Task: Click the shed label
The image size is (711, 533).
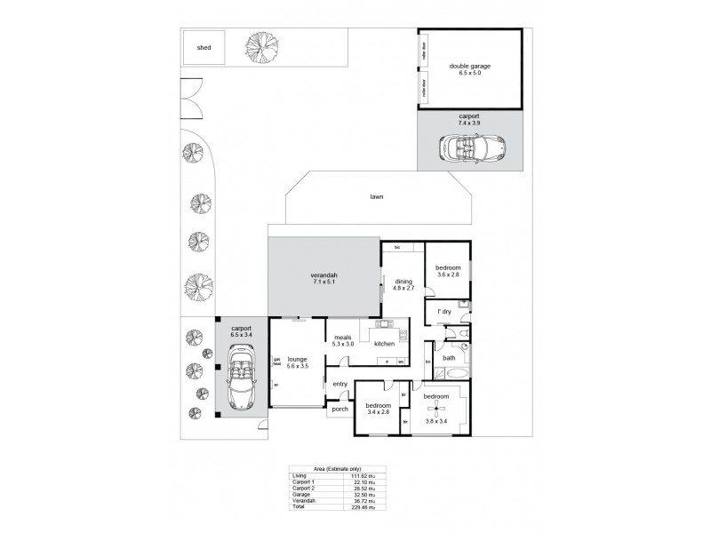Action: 204,48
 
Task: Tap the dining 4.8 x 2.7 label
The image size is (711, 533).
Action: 404,284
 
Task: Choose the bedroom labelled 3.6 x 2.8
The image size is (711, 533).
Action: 447,272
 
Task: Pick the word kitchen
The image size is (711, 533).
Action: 384,343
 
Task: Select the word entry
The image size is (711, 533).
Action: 340,384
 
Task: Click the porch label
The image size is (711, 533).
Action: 340,410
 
